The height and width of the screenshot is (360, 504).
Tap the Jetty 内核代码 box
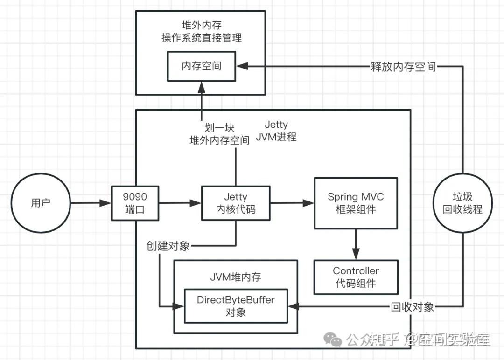pos(236,203)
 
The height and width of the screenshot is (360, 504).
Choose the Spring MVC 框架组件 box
pos(356,203)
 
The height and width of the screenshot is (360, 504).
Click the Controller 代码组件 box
pos(356,277)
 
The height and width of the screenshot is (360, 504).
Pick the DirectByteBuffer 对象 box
pos(236,306)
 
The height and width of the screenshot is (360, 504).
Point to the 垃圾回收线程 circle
pos(462,203)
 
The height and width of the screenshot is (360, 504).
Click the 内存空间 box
pos(202,66)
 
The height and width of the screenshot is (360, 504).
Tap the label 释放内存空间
pos(403,67)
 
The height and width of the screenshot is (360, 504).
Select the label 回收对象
pos(413,306)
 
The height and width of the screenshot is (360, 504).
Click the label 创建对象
pos(168,246)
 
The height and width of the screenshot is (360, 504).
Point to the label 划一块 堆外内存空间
pos(219,134)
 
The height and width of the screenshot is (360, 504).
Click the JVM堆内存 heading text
pos(236,277)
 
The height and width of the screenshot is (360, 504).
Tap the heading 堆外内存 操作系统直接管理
pos(202,32)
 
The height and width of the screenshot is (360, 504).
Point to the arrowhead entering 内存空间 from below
pos(202,85)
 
